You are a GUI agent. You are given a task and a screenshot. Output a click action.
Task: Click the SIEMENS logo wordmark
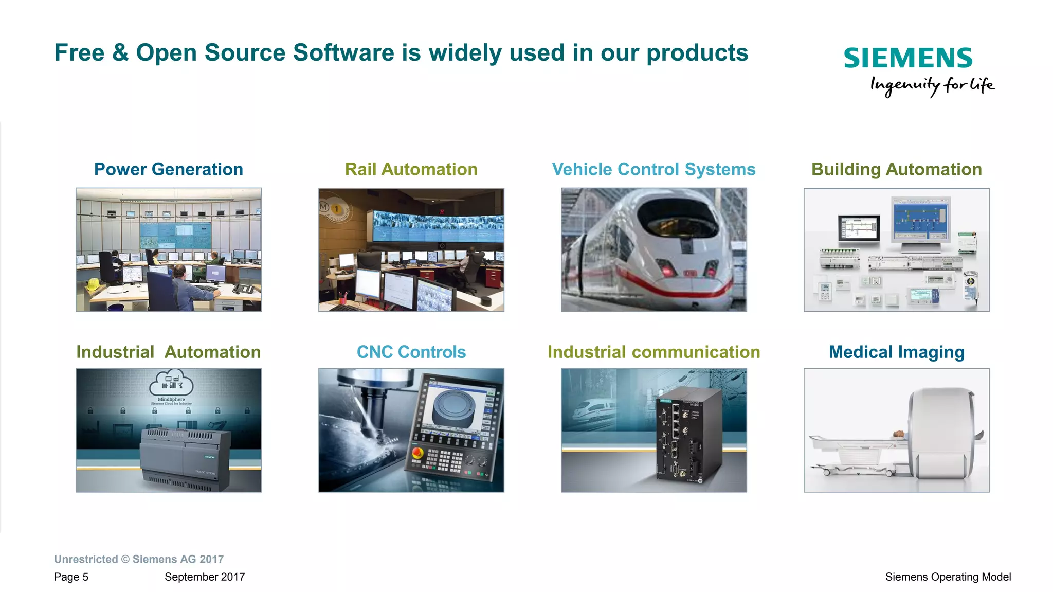pos(907,58)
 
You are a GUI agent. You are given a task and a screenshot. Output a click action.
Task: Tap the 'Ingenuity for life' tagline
pos(932,85)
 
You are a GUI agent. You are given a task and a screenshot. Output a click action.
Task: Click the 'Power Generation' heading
pos(168,169)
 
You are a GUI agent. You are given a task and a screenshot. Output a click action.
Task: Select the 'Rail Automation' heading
pos(411,169)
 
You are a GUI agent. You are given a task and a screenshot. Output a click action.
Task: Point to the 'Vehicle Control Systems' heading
pos(653,169)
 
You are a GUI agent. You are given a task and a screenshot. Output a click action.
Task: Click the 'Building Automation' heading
pos(896,169)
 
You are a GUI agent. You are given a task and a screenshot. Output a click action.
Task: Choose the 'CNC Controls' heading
pos(411,352)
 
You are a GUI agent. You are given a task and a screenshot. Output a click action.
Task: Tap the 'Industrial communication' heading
pos(653,352)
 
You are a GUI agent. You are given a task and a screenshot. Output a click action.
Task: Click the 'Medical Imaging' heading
pos(896,352)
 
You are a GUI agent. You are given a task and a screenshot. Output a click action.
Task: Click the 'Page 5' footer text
pos(71,577)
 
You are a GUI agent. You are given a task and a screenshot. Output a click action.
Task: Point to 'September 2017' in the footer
pos(205,577)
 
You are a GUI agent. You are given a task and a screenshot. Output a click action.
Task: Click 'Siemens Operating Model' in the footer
pos(948,577)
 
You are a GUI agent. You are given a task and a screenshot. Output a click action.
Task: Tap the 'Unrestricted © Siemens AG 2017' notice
pos(139,559)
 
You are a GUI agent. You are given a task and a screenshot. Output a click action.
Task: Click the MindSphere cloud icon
pos(171,383)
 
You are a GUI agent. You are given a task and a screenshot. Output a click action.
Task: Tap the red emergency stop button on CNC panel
pos(417,453)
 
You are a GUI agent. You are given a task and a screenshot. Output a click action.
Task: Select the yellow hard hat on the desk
pos(93,283)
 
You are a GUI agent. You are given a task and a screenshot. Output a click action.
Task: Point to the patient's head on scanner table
pos(898,435)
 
